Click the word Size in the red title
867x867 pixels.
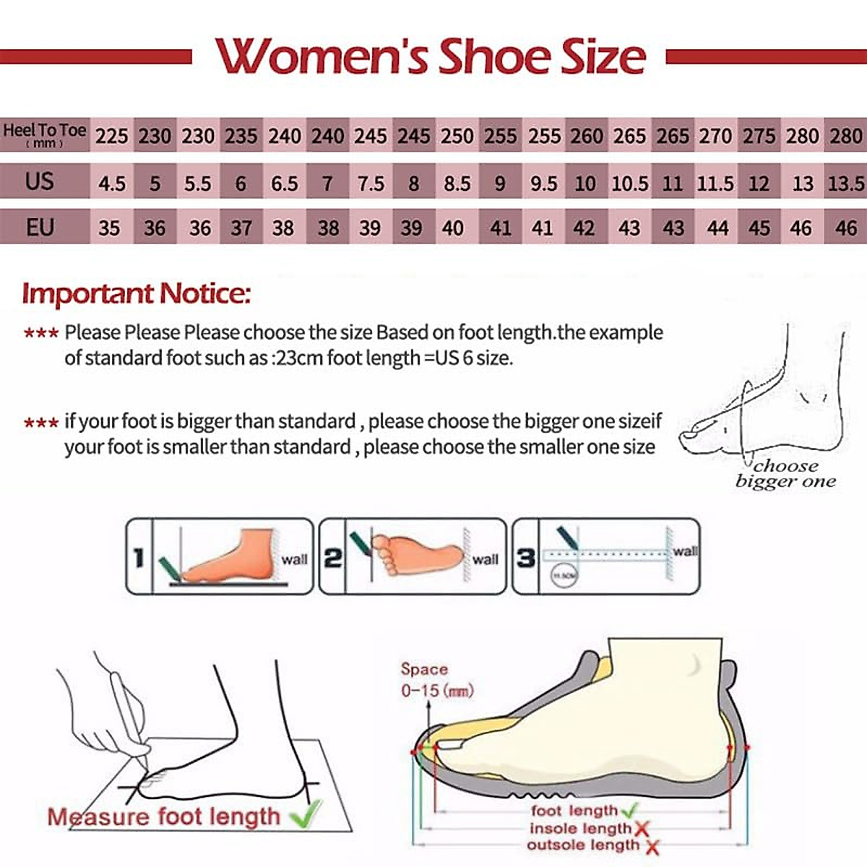(603, 57)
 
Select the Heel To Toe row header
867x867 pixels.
(44, 134)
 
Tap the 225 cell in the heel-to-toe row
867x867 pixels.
(112, 136)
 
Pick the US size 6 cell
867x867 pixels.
(241, 184)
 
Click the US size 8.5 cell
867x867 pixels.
(457, 184)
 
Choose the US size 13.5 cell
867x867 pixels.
(845, 184)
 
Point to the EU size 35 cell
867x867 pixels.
(109, 228)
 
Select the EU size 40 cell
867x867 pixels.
(453, 228)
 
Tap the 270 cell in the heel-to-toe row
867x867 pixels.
(715, 136)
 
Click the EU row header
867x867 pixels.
(40, 228)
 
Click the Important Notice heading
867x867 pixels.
(137, 293)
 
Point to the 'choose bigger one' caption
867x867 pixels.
(785, 474)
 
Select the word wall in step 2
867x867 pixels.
(485, 559)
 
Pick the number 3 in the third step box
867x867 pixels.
(526, 558)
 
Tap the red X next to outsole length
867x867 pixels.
(652, 847)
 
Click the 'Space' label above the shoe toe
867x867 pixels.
(424, 670)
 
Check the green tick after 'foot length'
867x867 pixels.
(629, 811)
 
